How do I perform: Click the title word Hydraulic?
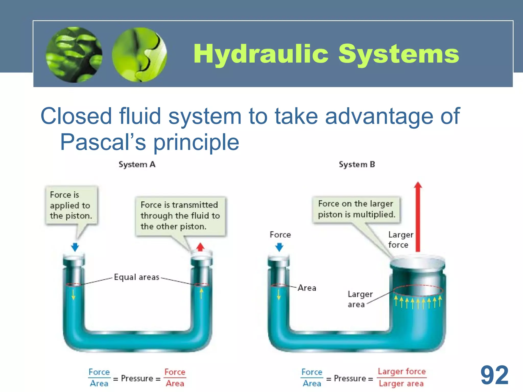(261, 54)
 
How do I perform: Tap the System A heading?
(137, 164)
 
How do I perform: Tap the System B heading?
(357, 164)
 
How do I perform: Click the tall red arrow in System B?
(418, 217)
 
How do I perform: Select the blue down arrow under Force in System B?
(279, 247)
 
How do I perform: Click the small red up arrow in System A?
(200, 247)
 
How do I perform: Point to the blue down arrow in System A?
(75, 247)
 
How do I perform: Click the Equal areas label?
(136, 277)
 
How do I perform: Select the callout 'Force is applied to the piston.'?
(71, 205)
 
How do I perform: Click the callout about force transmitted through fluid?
(180, 216)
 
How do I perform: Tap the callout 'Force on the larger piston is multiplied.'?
(356, 209)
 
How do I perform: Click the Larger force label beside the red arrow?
(400, 240)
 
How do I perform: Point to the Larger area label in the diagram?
(360, 299)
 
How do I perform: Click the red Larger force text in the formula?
(402, 372)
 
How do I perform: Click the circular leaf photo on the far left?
(74, 55)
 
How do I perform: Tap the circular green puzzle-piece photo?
(139, 55)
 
